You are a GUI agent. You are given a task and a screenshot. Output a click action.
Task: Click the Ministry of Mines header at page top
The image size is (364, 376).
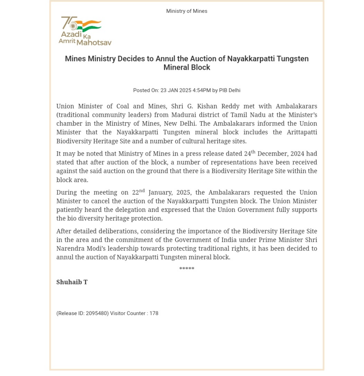point(186,11)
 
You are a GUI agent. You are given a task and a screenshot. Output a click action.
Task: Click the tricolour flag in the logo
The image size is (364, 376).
point(89,25)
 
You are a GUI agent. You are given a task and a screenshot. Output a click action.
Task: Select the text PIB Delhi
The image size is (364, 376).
point(230,90)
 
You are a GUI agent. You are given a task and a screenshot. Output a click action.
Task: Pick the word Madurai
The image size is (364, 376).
point(185,115)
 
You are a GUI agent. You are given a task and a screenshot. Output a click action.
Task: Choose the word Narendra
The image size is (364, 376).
point(70,249)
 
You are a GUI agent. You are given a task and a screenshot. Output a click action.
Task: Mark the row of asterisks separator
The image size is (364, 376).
point(186,269)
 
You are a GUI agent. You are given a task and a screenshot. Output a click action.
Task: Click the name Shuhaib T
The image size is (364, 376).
point(72,282)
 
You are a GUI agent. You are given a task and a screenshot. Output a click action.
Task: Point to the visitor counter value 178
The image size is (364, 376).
point(154,314)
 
